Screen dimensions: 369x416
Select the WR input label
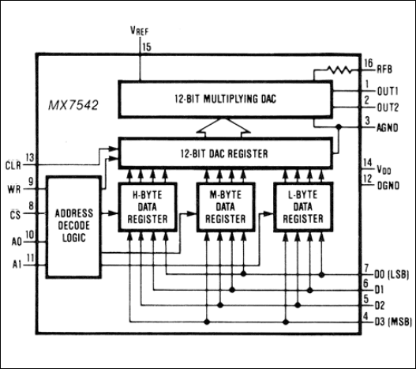13,187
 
